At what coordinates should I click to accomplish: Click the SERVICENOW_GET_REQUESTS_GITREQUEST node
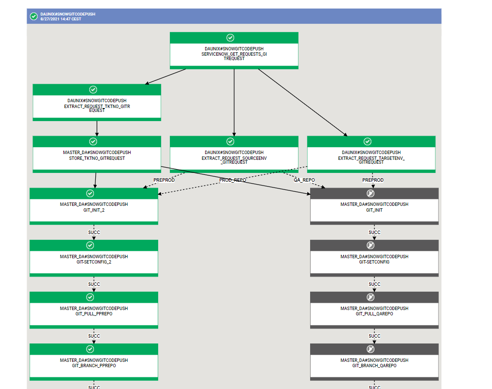[x=234, y=54]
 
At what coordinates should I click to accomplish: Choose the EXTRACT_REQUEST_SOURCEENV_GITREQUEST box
[x=234, y=157]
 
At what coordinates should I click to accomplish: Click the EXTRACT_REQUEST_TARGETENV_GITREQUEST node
[x=371, y=157]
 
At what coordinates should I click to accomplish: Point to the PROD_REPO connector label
[x=233, y=180]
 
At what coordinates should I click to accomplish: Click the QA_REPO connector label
[x=304, y=180]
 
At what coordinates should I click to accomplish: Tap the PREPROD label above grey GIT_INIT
[x=373, y=180]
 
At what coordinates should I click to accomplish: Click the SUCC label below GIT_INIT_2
[x=94, y=232]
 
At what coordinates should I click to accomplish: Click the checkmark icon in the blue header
[x=34, y=16]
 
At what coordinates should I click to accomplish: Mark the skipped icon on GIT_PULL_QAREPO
[x=371, y=297]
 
